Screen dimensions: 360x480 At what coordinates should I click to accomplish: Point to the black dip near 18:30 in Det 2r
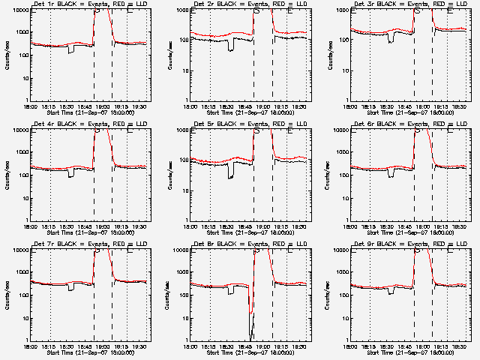(x=231, y=47)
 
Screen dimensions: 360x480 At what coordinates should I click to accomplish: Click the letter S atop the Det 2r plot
(x=256, y=11)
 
